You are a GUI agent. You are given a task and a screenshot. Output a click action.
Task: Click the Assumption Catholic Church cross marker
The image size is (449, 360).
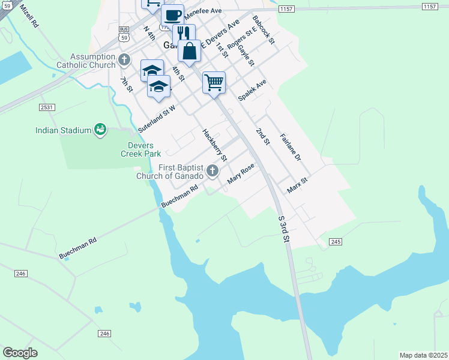(x=124, y=59)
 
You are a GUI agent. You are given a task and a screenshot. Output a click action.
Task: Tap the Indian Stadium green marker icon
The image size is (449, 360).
(x=100, y=130)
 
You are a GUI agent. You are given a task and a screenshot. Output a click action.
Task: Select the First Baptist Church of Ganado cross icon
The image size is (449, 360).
(x=212, y=172)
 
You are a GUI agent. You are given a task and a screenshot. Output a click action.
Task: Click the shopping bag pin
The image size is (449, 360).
(x=190, y=52)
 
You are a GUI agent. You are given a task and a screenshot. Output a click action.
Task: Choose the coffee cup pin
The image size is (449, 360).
(x=173, y=15)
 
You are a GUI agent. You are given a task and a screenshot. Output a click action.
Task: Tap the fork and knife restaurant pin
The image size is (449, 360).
(x=184, y=34)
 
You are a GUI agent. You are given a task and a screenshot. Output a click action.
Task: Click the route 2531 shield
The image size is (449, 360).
(x=47, y=107)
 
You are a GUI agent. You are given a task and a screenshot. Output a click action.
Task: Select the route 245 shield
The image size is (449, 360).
(x=336, y=242)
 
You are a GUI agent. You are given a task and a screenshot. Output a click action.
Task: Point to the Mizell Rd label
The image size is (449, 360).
(x=29, y=17)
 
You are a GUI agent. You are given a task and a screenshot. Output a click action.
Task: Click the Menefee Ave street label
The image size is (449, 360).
(x=203, y=11)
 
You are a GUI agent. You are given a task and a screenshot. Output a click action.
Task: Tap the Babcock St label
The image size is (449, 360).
(x=264, y=30)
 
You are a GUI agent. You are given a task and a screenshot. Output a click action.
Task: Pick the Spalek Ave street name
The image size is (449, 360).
(x=252, y=91)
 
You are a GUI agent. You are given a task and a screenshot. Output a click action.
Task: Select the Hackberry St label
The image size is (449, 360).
(x=214, y=146)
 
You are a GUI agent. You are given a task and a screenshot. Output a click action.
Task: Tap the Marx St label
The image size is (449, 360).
(x=297, y=185)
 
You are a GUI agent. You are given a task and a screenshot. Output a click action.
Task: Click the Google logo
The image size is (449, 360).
(x=20, y=353)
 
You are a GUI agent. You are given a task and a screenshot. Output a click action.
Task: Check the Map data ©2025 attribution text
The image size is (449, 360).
(x=423, y=355)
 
